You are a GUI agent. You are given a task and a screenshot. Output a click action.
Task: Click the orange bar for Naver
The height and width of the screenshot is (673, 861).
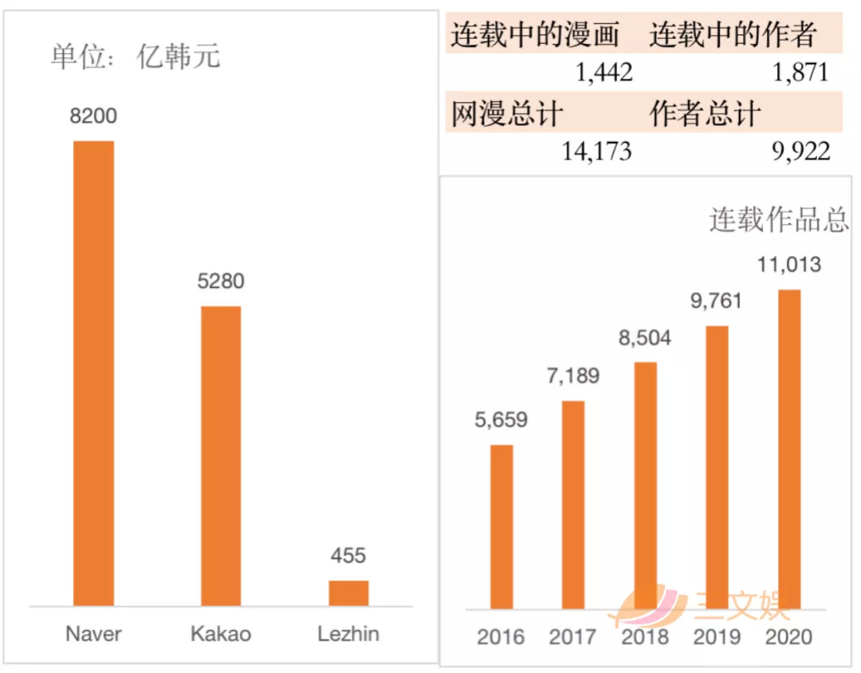pos(93,373)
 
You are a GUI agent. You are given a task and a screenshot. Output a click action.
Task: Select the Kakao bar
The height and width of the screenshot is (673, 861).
pos(221,455)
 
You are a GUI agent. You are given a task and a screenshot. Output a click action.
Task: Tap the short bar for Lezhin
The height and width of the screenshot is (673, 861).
pos(348,592)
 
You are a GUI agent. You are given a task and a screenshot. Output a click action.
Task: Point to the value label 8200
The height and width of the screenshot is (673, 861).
pos(93,116)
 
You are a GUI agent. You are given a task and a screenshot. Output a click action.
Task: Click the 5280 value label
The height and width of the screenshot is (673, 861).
pos(221,281)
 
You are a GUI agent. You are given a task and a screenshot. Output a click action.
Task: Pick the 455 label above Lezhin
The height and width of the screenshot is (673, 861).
pos(348,556)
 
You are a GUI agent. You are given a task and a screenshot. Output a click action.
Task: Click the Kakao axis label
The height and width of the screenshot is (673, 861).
pos(221,634)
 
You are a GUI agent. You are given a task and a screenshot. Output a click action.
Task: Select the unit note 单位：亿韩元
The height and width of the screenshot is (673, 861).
pos(136,57)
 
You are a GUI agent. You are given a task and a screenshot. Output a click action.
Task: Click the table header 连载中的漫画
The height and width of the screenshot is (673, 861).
pos(535,34)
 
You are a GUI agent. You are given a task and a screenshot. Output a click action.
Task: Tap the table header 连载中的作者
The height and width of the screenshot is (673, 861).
pos(733,34)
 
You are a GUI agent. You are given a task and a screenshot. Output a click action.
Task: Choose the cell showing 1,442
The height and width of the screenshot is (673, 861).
pos(604,73)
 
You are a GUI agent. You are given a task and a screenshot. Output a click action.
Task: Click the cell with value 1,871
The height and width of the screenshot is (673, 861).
pos(800,73)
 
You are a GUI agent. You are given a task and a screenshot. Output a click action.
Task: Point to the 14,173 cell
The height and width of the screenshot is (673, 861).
pos(596,151)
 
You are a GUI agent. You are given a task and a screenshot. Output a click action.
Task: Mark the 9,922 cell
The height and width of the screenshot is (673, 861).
pos(800,151)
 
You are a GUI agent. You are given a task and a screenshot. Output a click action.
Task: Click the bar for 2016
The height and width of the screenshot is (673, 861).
pos(501,526)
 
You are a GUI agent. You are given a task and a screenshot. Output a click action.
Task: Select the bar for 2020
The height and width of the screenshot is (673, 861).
pos(789,449)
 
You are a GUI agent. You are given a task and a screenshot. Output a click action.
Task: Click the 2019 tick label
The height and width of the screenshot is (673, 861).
pos(717,637)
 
